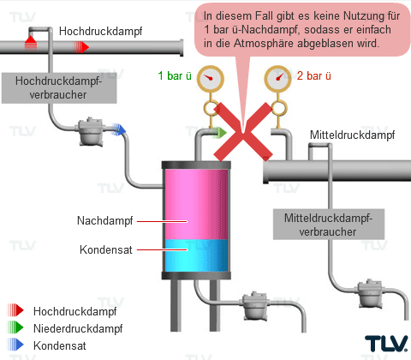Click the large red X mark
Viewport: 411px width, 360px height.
[x=243, y=132]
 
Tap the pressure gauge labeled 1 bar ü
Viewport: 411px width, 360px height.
[x=211, y=79]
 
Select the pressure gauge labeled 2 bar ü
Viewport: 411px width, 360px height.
[x=277, y=79]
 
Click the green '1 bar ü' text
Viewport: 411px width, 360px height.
[x=175, y=76]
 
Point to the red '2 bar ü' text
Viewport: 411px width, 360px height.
[x=314, y=76]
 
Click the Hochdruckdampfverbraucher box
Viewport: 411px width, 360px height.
[x=59, y=87]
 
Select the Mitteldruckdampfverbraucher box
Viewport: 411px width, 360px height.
[x=329, y=225]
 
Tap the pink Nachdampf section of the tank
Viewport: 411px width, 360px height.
[x=196, y=204]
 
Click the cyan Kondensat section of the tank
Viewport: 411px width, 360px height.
[x=196, y=255]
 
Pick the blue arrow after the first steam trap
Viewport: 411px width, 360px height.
[x=119, y=129]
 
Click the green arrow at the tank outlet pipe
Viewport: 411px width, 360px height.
[x=219, y=132]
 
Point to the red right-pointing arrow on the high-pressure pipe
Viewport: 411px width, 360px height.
[x=81, y=47]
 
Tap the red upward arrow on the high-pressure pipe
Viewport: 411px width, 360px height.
[x=31, y=43]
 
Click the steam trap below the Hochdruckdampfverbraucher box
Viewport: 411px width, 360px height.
[x=91, y=131]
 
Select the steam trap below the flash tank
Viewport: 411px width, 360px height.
[x=255, y=306]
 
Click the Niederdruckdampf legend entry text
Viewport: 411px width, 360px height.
[x=78, y=328]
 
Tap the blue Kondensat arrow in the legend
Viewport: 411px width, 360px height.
[x=15, y=345]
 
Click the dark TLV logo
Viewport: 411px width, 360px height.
[x=386, y=344]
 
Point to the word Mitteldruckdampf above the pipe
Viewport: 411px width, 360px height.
[x=353, y=135]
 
